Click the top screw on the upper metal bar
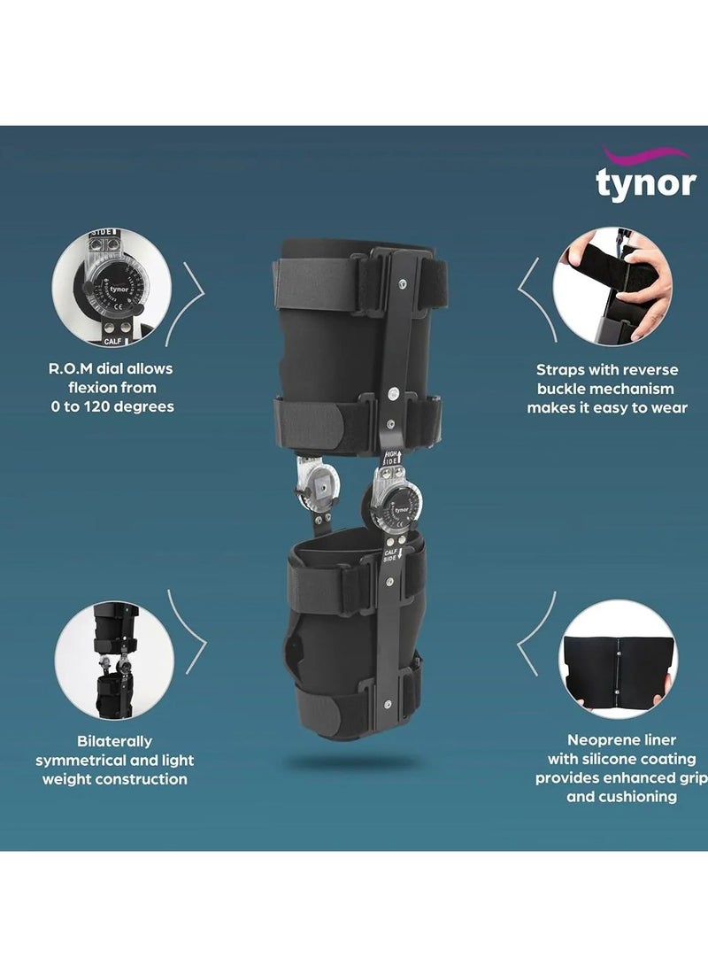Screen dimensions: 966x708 404,285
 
